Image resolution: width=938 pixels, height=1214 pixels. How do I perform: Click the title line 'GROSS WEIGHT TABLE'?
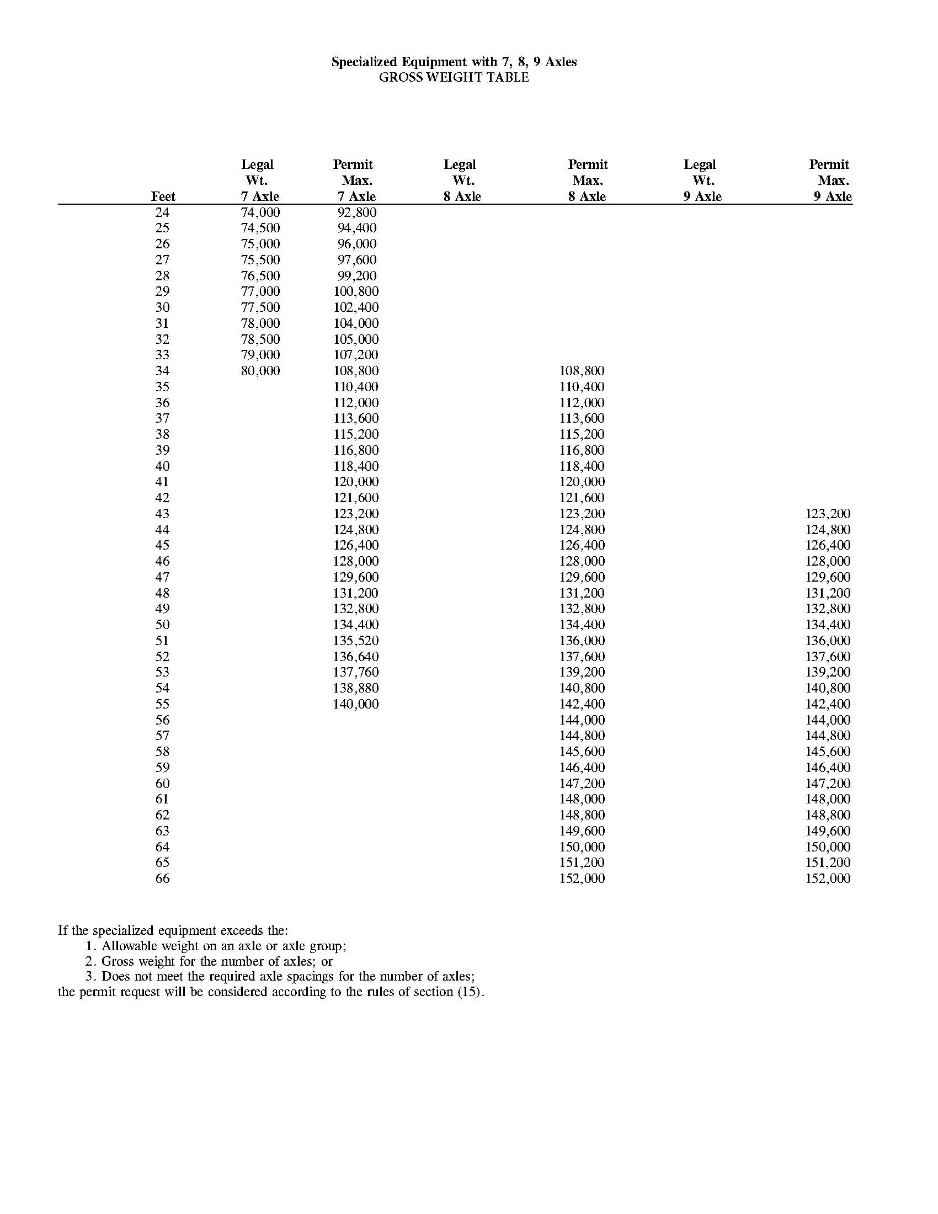(x=454, y=77)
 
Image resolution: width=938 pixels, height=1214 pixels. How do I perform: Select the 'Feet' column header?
(x=163, y=196)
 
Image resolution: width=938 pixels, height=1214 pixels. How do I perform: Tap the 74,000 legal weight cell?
(x=260, y=212)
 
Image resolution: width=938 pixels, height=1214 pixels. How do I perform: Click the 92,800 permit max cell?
(x=357, y=212)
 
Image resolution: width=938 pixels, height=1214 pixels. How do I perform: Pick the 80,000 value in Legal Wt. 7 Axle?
(x=260, y=371)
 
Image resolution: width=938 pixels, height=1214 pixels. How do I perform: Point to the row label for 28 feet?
(x=162, y=276)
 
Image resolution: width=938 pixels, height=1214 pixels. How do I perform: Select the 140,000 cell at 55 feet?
(x=356, y=704)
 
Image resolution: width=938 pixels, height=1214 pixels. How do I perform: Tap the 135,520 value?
(x=356, y=640)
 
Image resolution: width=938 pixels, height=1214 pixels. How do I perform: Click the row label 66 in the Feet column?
(x=162, y=879)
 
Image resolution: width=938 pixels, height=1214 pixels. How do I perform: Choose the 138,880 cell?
(x=356, y=688)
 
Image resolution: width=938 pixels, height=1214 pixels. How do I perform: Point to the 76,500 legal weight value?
(x=260, y=276)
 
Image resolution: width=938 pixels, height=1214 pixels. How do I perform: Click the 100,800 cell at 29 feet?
(x=356, y=291)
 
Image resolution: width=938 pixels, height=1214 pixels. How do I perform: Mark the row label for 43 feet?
(x=162, y=514)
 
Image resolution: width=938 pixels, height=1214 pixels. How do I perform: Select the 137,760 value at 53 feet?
(x=356, y=672)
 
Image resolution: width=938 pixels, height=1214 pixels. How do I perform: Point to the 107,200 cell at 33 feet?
(x=356, y=355)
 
